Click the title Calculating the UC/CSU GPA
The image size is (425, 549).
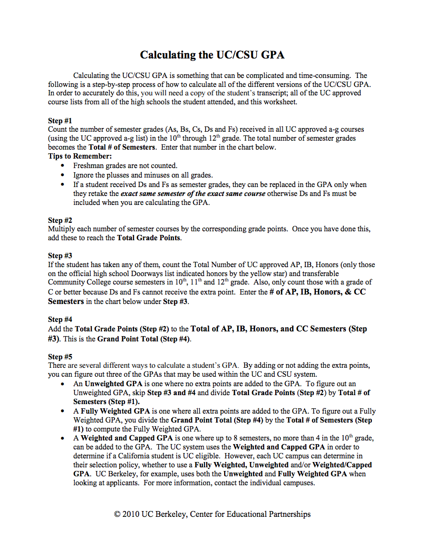[212, 55]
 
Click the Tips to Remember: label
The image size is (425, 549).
[80, 156]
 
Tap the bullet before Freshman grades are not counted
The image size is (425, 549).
[63, 166]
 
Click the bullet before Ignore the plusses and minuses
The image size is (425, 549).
[63, 175]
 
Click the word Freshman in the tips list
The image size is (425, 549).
[88, 166]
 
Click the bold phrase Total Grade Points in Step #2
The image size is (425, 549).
[149, 238]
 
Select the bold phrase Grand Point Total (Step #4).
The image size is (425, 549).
[143, 339]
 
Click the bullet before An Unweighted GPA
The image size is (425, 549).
[63, 384]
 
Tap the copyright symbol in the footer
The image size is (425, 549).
[118, 514]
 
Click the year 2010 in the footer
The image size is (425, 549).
[132, 514]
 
